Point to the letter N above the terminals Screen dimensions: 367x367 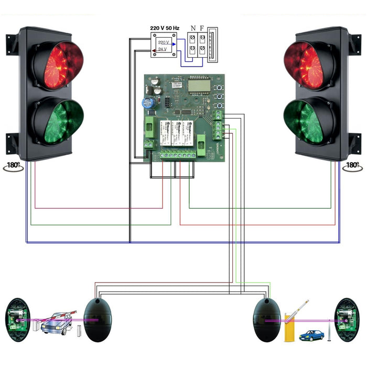point(192,28)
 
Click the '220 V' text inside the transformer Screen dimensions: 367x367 point(164,41)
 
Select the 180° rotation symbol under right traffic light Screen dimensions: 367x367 point(353,166)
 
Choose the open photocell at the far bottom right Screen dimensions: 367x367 point(346,319)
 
